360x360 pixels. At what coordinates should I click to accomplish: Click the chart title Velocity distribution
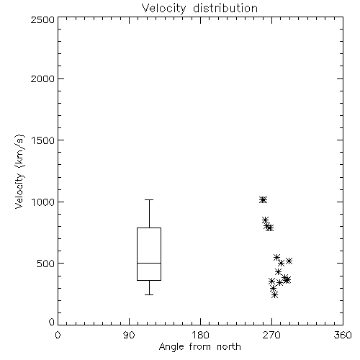(199, 8)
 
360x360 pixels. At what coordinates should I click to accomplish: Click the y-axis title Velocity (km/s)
(19, 171)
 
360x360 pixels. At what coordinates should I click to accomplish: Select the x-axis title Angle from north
(199, 347)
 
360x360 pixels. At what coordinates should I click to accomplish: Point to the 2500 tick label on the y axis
(42, 20)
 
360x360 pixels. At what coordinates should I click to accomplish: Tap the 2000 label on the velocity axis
(42, 78)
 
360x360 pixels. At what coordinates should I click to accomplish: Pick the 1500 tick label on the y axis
(43, 140)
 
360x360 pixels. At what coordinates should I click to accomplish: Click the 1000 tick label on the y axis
(43, 202)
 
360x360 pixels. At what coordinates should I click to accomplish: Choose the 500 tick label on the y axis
(46, 264)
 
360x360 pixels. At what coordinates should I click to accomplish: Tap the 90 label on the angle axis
(130, 335)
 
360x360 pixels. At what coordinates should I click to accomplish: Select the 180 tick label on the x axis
(200, 335)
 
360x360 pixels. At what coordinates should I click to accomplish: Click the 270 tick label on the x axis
(271, 335)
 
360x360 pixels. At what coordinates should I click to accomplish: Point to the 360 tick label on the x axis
(343, 335)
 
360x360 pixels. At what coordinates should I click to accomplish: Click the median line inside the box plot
(149, 263)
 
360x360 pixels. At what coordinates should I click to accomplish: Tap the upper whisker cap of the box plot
(149, 199)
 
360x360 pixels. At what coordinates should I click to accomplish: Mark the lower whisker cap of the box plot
(149, 294)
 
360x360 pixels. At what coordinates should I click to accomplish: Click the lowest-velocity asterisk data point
(275, 294)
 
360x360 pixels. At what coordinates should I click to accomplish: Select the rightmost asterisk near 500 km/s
(289, 261)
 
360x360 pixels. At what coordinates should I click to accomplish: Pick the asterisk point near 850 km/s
(265, 220)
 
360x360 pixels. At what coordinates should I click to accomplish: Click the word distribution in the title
(225, 8)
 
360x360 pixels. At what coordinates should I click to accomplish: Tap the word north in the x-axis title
(229, 347)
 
